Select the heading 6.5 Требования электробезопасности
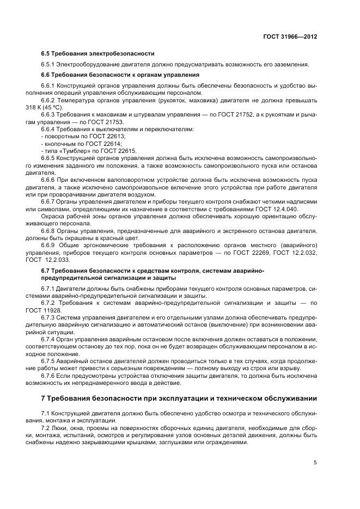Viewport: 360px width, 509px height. pos(97,53)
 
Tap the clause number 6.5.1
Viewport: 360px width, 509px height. pos(50,65)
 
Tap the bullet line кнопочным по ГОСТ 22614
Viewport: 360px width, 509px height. pos(81,143)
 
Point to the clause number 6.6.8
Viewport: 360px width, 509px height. pos(50,230)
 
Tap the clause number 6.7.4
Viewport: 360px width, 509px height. pos(50,339)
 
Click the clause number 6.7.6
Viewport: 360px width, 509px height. pos(50,375)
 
